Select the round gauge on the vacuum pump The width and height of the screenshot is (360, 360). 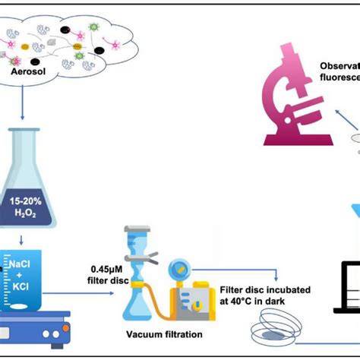[x=179, y=268]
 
